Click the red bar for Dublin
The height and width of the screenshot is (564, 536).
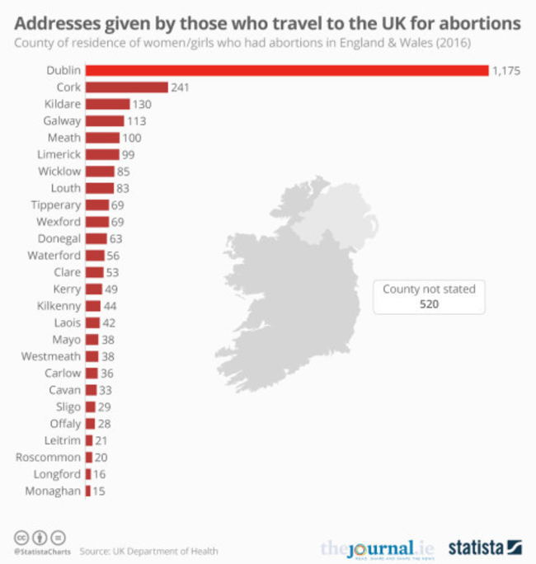point(287,71)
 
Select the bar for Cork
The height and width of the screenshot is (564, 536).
point(126,87)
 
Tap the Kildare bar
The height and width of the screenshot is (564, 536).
point(107,104)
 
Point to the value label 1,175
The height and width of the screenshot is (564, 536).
point(505,71)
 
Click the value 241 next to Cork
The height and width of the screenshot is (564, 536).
point(181,87)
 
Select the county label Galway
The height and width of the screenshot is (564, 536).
point(62,121)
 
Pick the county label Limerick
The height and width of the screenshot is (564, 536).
point(59,154)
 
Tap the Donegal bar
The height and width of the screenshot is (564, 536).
point(96,238)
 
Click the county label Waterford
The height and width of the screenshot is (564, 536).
point(54,256)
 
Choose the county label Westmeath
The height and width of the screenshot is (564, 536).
point(51,356)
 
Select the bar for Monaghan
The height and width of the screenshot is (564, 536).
point(87,491)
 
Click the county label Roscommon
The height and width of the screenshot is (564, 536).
point(49,458)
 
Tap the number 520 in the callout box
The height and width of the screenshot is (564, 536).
point(428,304)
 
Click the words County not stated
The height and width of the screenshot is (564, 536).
point(429,289)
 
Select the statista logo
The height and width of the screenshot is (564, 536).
point(485,547)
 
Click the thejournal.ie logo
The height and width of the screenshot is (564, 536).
point(377,548)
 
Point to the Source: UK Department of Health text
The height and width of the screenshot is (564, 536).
point(149,551)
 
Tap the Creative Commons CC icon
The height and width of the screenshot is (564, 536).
point(21,537)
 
